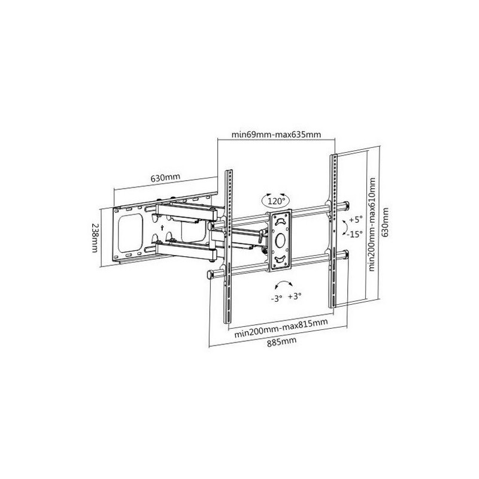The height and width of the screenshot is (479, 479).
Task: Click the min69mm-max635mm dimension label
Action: [276, 134]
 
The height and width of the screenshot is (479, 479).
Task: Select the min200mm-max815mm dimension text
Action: [281, 328]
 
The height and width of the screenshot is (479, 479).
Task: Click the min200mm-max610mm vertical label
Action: [372, 224]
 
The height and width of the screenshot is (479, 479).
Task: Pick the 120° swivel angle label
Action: [276, 201]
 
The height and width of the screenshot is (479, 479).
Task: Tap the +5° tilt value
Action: [356, 219]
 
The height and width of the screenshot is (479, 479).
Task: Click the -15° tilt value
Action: [354, 234]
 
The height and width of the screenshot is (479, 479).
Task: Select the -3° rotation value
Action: [276, 298]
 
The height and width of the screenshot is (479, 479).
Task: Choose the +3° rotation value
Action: [295, 296]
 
